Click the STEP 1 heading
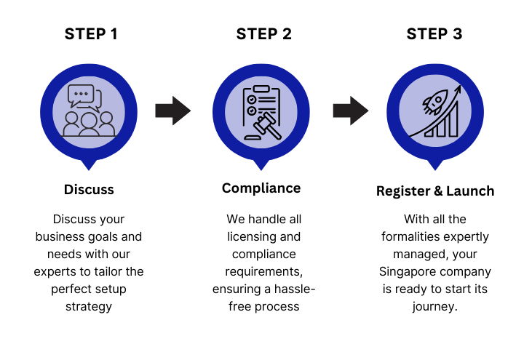[91, 34]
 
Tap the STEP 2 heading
[264, 34]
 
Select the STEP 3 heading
[434, 34]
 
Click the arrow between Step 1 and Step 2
[173, 111]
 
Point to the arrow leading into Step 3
[351, 111]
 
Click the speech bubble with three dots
[81, 95]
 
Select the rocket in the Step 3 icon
[435, 102]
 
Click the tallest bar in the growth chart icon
[453, 119]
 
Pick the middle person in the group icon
[89, 125]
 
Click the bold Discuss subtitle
[89, 190]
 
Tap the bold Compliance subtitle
[261, 188]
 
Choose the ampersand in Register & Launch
[438, 191]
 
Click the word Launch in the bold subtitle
[470, 191]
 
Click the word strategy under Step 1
[89, 307]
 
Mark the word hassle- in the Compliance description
[295, 289]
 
